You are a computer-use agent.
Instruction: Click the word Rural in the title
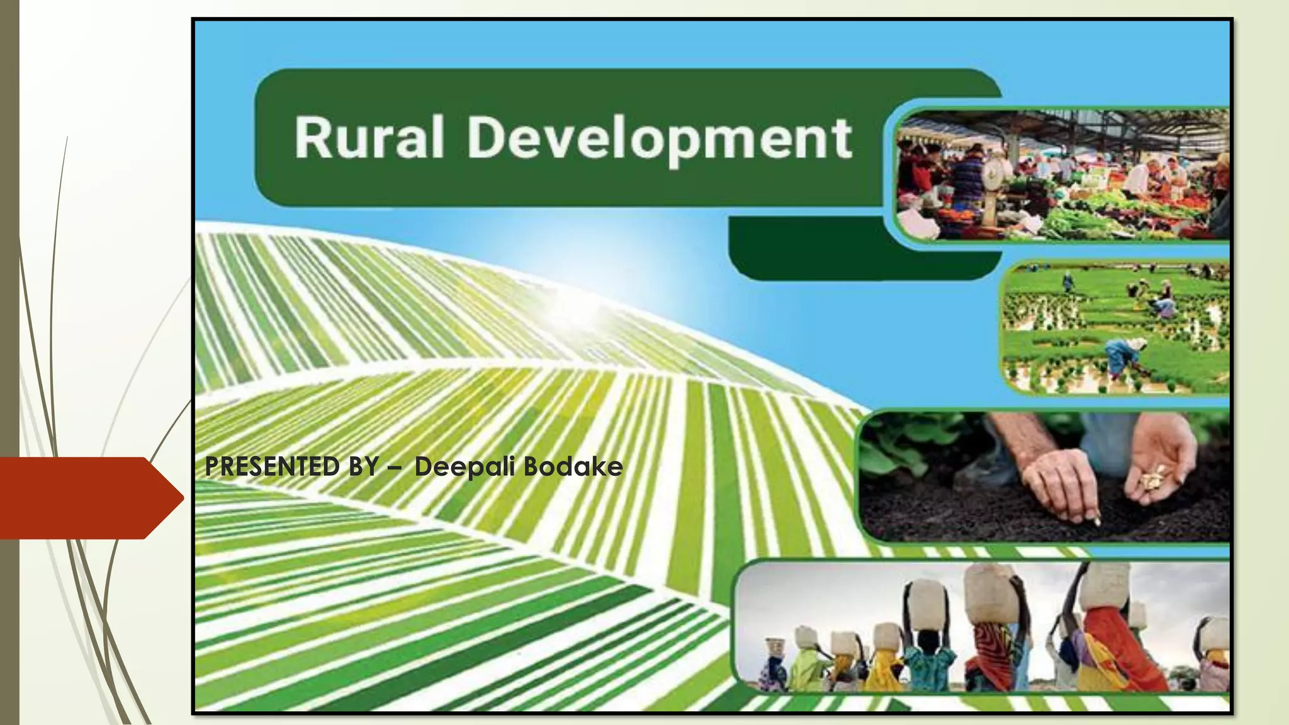pyautogui.click(x=369, y=137)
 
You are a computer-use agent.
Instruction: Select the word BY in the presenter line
pyautogui.click(x=364, y=466)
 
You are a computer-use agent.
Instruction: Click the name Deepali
pyautogui.click(x=465, y=467)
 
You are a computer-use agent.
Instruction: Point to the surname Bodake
pyautogui.click(x=573, y=466)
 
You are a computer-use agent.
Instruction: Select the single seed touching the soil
pyautogui.click(x=1097, y=521)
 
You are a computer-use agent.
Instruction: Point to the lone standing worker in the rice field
pyautogui.click(x=1068, y=281)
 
